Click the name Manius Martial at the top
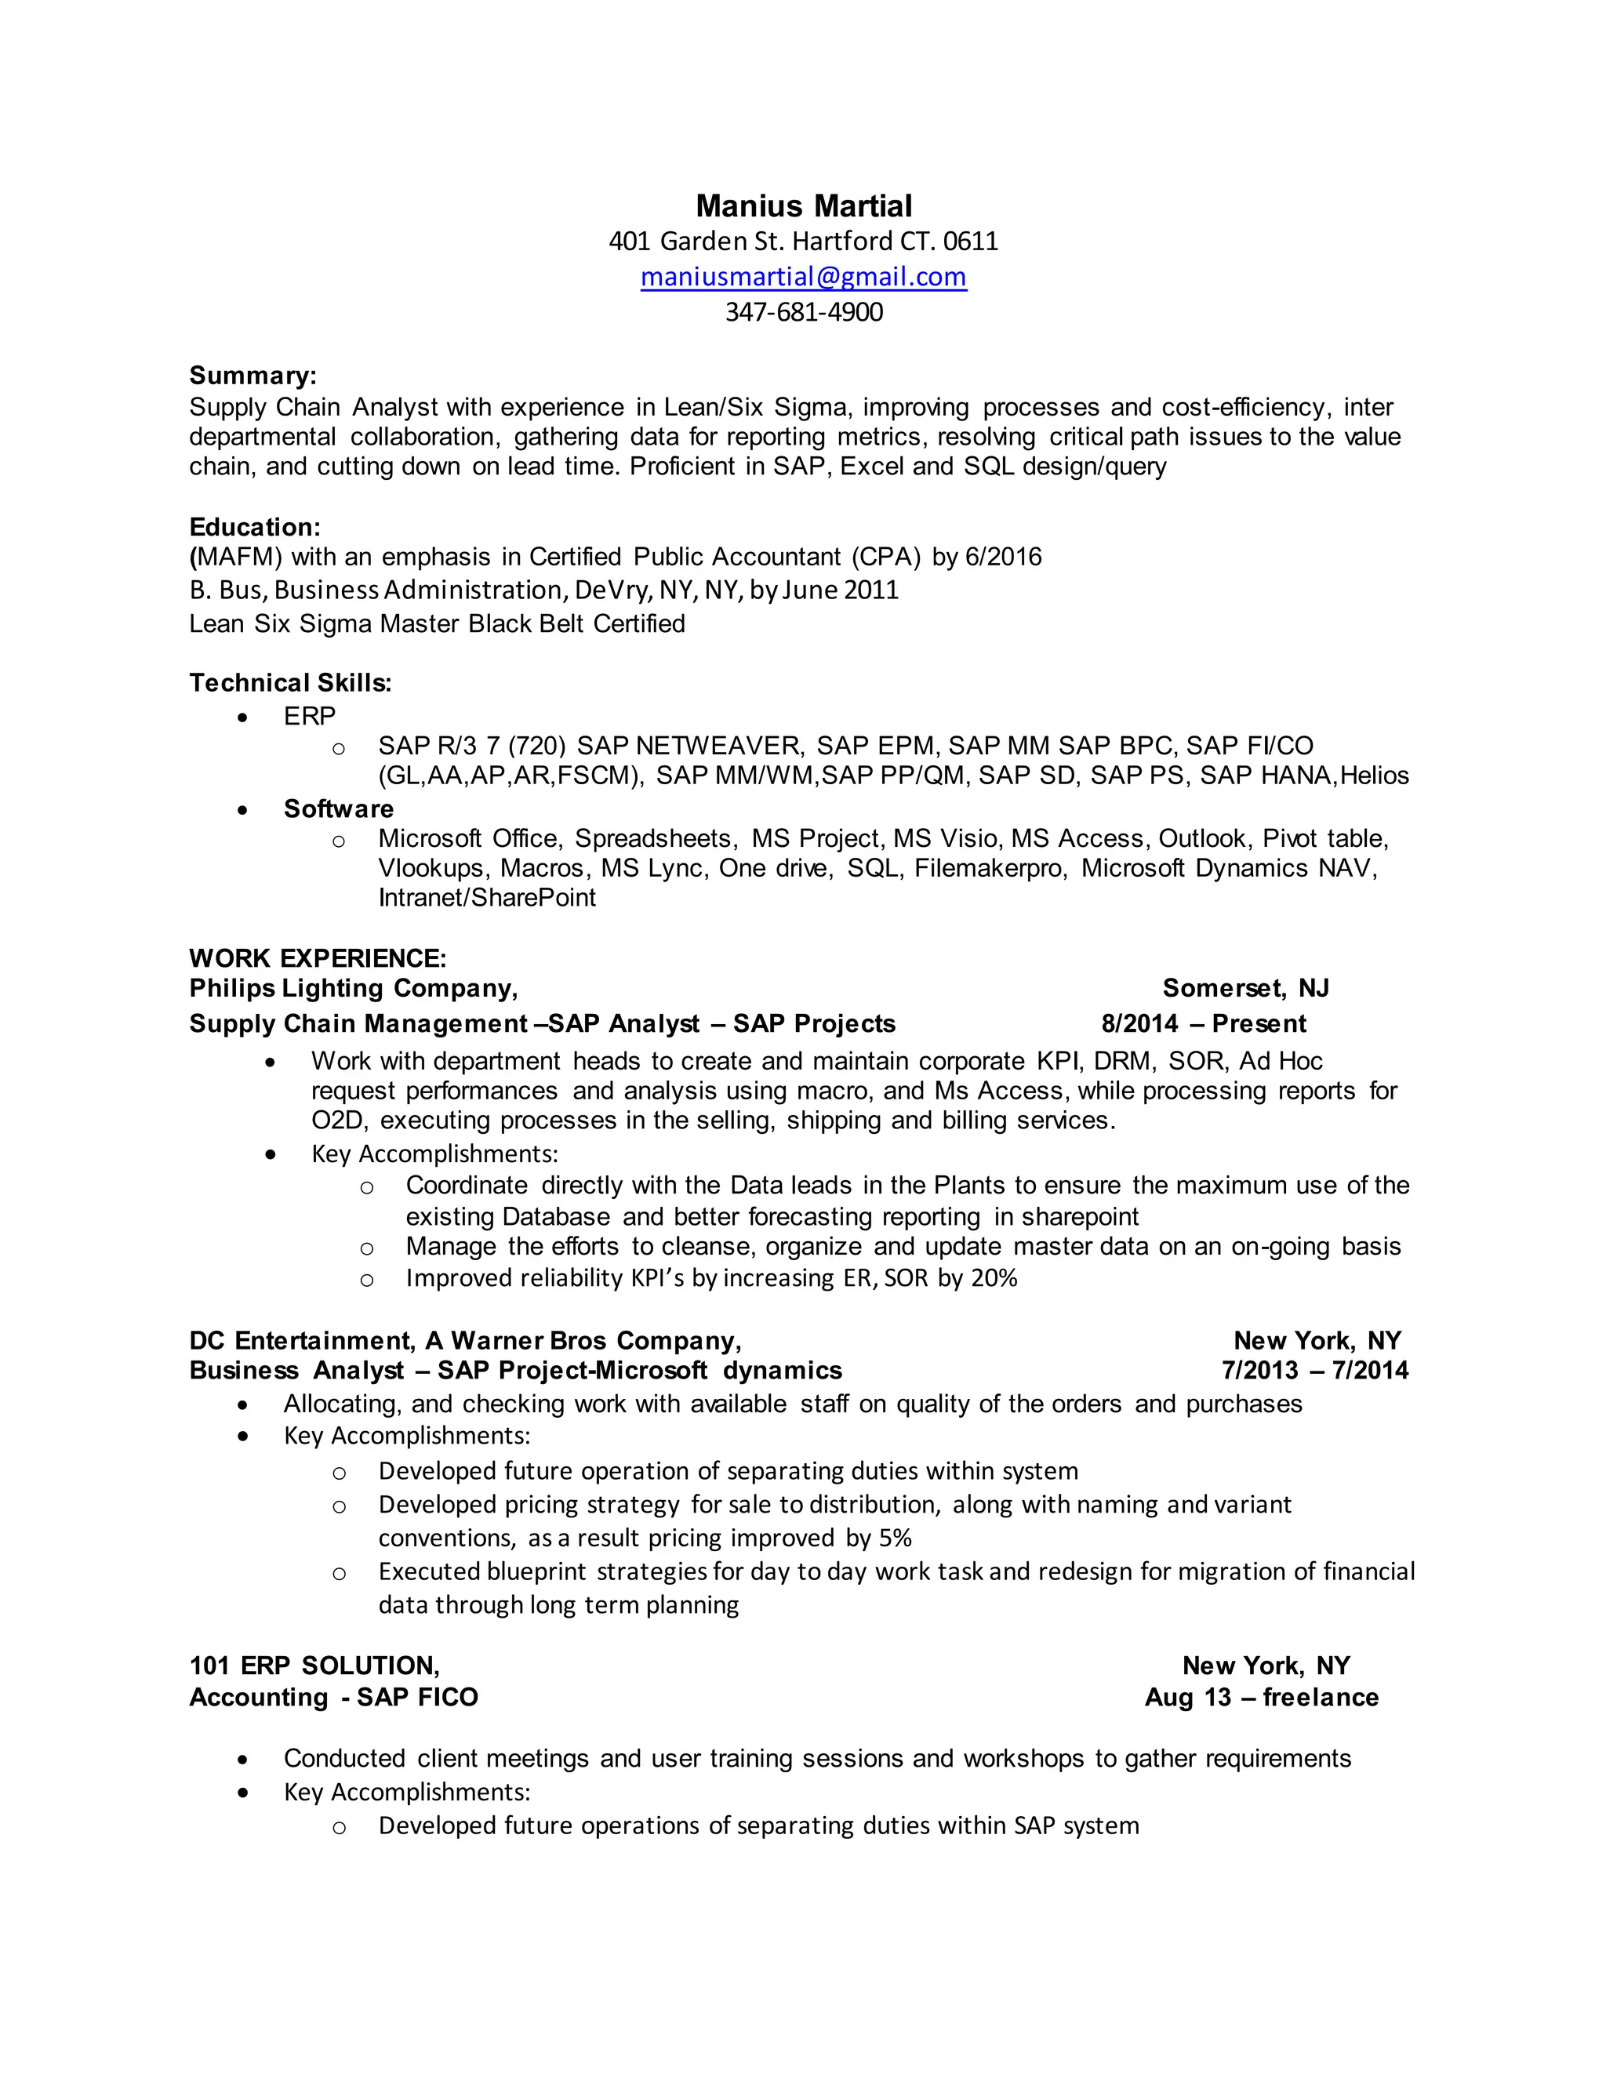click(x=803, y=205)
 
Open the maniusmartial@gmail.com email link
click(x=803, y=277)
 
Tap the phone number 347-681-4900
click(x=803, y=312)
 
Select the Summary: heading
click(x=253, y=376)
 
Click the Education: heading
click(x=254, y=527)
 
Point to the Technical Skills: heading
click(x=290, y=682)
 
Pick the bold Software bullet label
click(x=338, y=808)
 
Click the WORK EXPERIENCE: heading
click(x=317, y=957)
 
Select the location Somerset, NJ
click(x=1244, y=989)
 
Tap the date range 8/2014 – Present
click(x=1203, y=1024)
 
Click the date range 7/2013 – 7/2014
click(x=1314, y=1370)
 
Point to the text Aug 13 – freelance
click(x=1261, y=1698)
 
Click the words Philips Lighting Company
click(x=352, y=989)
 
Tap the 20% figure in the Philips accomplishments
click(x=994, y=1278)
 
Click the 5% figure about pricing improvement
click(x=896, y=1538)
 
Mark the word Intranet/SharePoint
click(x=486, y=897)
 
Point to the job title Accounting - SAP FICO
click(x=333, y=1698)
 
